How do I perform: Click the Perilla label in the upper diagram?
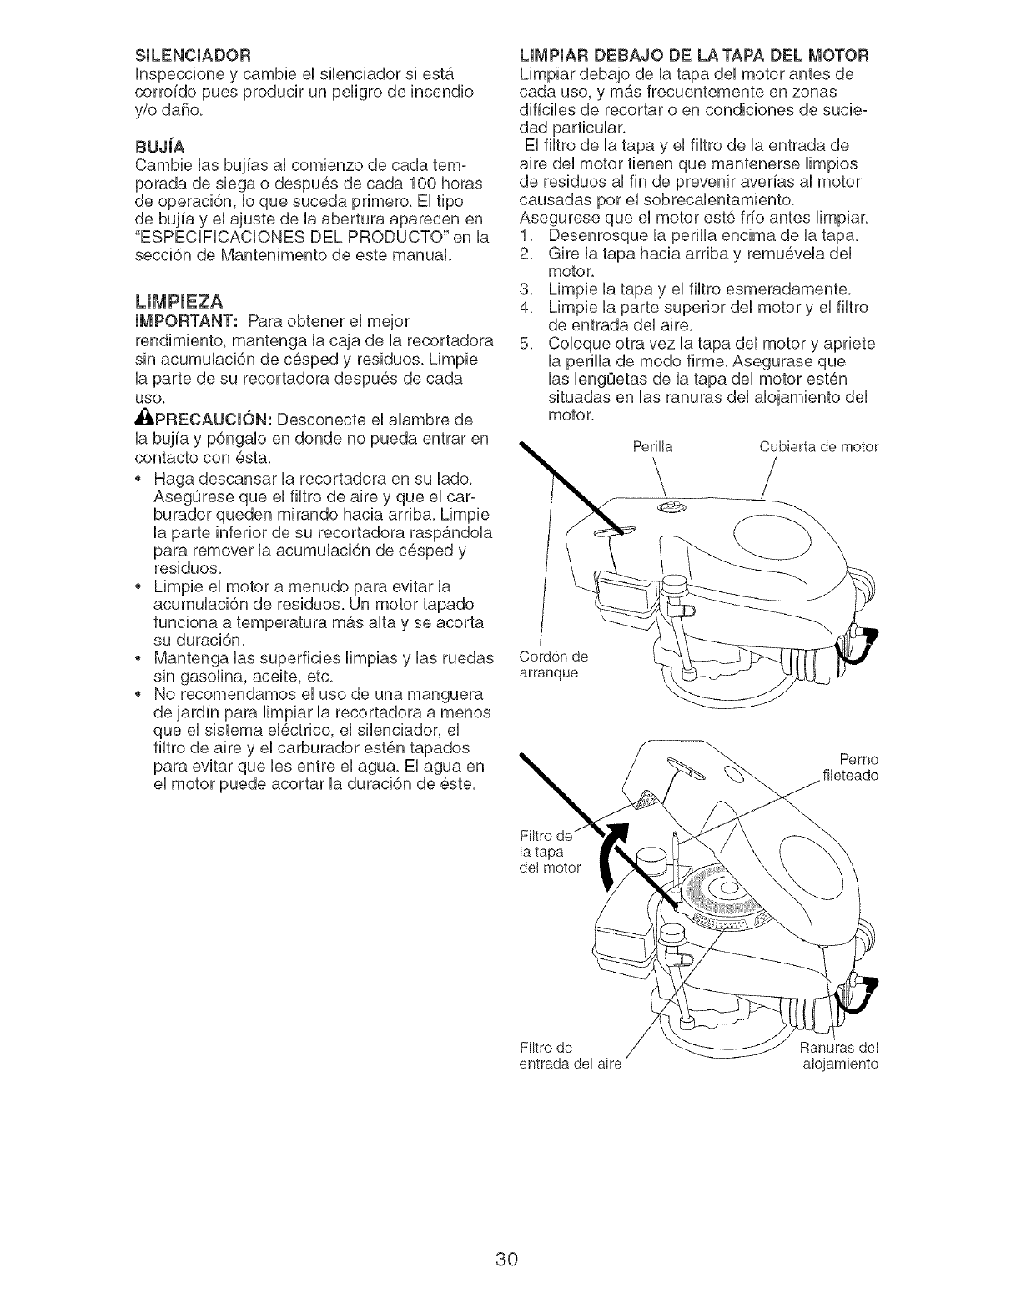653,446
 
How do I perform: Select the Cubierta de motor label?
818,446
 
